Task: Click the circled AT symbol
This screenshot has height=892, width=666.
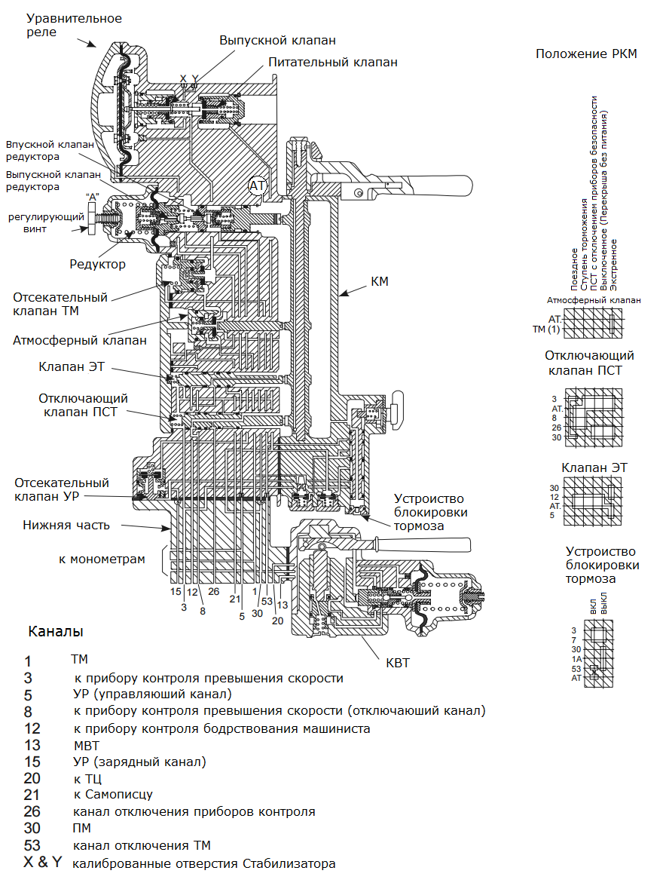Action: [258, 185]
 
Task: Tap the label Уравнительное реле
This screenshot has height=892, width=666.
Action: [74, 25]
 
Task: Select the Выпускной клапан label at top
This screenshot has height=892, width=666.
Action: [277, 40]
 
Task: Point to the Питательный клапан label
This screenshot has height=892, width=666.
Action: [333, 62]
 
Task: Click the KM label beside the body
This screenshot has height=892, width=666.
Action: [380, 281]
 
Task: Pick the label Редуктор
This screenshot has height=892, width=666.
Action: [98, 265]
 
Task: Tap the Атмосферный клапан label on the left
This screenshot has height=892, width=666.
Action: [80, 340]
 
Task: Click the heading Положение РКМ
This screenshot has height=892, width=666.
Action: [586, 54]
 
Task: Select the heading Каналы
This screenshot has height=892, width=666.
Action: [56, 630]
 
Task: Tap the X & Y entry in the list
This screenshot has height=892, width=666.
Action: [43, 863]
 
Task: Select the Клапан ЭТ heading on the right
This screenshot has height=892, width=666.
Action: [594, 467]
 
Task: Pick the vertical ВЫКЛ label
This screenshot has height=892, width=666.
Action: [603, 605]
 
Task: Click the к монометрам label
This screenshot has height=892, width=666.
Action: [102, 559]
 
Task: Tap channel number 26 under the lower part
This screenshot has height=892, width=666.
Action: [214, 591]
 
